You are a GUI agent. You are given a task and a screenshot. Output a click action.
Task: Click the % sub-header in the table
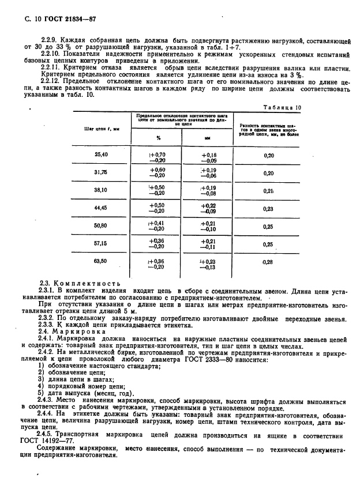pyautogui.click(x=157, y=138)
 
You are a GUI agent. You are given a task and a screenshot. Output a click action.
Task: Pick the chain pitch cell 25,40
pyautogui.click(x=101, y=155)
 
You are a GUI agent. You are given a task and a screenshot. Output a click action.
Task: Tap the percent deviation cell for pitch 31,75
pyautogui.click(x=157, y=173)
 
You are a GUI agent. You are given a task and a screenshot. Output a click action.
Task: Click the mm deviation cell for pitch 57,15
pyautogui.click(x=209, y=244)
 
